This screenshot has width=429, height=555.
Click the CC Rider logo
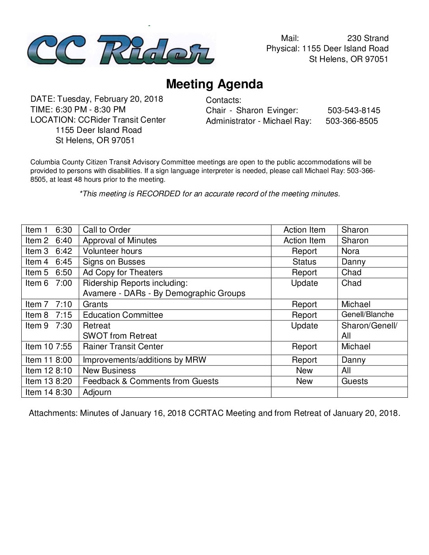[121, 50]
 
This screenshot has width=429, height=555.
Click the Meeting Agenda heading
[214, 84]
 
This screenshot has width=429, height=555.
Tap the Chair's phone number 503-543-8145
[354, 110]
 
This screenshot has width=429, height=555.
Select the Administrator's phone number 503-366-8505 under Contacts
[352, 121]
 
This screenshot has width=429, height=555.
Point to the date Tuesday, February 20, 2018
[110, 99]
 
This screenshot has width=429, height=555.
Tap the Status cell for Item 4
[304, 262]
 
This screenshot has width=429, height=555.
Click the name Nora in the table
[350, 251]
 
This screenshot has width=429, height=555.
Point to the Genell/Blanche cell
[367, 315]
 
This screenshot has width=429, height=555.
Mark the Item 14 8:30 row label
[49, 392]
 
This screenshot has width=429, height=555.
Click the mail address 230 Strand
[367, 38]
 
